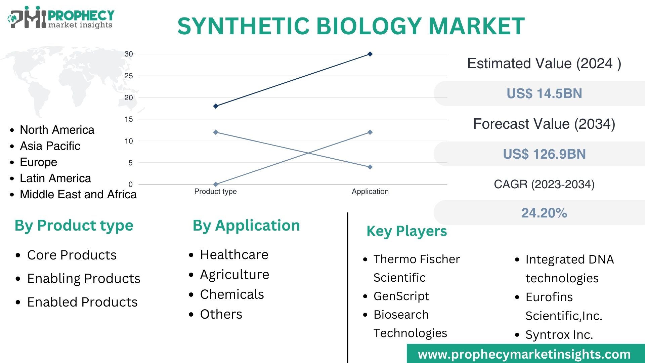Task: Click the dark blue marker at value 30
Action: point(370,54)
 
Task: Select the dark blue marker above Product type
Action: point(216,106)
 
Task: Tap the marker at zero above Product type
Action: point(216,185)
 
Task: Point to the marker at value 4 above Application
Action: point(370,167)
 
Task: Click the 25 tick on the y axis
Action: point(129,76)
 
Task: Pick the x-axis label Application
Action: point(370,192)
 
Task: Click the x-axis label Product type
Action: point(215,192)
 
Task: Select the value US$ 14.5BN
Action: point(544,94)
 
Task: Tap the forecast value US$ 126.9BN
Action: point(544,154)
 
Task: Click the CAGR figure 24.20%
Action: point(544,213)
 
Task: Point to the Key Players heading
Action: point(406,231)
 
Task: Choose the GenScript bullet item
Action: point(401,296)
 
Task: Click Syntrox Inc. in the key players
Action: point(559,335)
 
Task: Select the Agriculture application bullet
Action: point(234,275)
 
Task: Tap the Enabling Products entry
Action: point(84,279)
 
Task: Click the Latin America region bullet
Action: point(55,178)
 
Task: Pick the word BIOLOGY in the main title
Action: point(369,26)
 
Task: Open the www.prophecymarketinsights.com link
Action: point(524,354)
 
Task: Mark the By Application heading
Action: point(246,226)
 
